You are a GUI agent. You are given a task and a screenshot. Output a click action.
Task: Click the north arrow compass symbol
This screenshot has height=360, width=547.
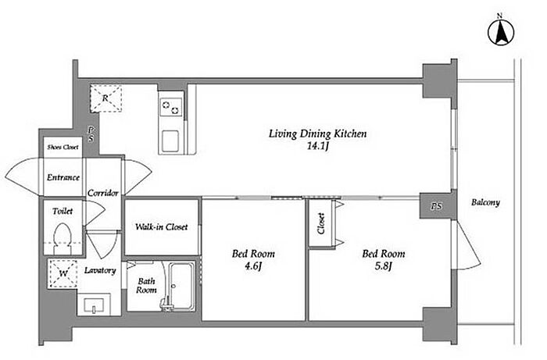(x=501, y=33)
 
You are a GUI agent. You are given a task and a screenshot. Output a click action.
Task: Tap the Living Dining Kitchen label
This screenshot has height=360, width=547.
(x=317, y=134)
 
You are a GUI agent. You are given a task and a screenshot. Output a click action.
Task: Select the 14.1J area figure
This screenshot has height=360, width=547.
(x=318, y=146)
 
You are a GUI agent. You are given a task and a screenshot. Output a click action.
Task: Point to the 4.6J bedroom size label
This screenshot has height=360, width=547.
(x=253, y=266)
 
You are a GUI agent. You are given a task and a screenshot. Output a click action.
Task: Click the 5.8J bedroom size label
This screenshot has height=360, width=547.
(x=384, y=266)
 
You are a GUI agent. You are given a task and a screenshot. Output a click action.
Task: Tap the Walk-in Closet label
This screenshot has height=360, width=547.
(x=162, y=227)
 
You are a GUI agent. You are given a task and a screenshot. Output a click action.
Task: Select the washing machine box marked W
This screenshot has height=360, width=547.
(x=63, y=273)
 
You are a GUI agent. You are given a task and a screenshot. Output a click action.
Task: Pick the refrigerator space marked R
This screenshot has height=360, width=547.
(x=106, y=98)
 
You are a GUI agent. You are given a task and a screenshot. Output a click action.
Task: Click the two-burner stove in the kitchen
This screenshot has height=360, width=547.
(x=171, y=107)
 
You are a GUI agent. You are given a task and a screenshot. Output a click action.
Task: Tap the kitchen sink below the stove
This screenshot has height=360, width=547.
(x=170, y=141)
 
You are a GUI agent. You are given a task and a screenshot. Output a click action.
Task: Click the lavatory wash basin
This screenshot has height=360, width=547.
(x=95, y=305)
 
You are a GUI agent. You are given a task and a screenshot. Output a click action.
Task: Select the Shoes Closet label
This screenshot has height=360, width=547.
(x=63, y=147)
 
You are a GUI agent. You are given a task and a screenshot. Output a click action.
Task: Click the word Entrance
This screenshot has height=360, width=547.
(x=63, y=177)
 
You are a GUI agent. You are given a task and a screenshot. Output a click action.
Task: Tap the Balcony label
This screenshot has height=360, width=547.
(x=485, y=202)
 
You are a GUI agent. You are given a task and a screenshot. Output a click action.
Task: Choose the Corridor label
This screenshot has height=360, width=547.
(x=103, y=193)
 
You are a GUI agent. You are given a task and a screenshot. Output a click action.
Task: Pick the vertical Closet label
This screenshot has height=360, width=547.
(x=321, y=223)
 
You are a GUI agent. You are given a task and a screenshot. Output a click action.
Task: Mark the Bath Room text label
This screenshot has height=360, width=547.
(x=146, y=285)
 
